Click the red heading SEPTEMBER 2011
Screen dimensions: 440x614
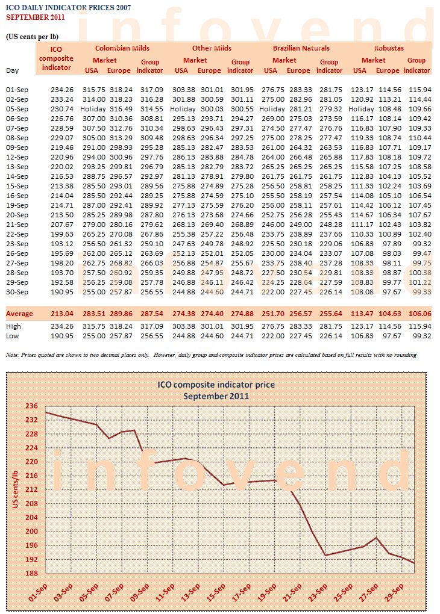pyautogui.click(x=36, y=17)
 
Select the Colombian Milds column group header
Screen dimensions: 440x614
pyautogui.click(x=122, y=48)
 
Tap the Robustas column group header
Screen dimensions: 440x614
pyautogui.click(x=389, y=48)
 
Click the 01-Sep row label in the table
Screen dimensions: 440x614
pyautogui.click(x=17, y=90)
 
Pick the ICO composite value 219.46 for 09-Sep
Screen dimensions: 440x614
pyautogui.click(x=62, y=147)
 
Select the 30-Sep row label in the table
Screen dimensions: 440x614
pyautogui.click(x=17, y=292)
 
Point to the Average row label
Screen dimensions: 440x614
pyautogui.click(x=20, y=314)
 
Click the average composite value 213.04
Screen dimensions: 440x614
pyautogui.click(x=62, y=314)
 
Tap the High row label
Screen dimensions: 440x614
pyautogui.click(x=14, y=326)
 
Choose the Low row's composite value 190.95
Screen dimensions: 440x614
pyautogui.click(x=62, y=336)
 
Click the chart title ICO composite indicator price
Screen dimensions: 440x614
pyautogui.click(x=216, y=385)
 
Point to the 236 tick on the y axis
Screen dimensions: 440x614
pyautogui.click(x=32, y=406)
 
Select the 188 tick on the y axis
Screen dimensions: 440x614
pyautogui.click(x=32, y=573)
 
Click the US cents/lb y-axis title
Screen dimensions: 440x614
pyautogui.click(x=15, y=489)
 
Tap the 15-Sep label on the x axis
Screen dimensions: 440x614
pyautogui.click(x=216, y=592)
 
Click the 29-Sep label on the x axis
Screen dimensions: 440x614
pyautogui.click(x=394, y=592)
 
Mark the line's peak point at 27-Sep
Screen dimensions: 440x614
pyautogui.click(x=377, y=538)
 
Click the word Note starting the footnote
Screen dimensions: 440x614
pyautogui.click(x=12, y=355)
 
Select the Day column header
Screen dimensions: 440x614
pyautogui.click(x=12, y=70)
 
